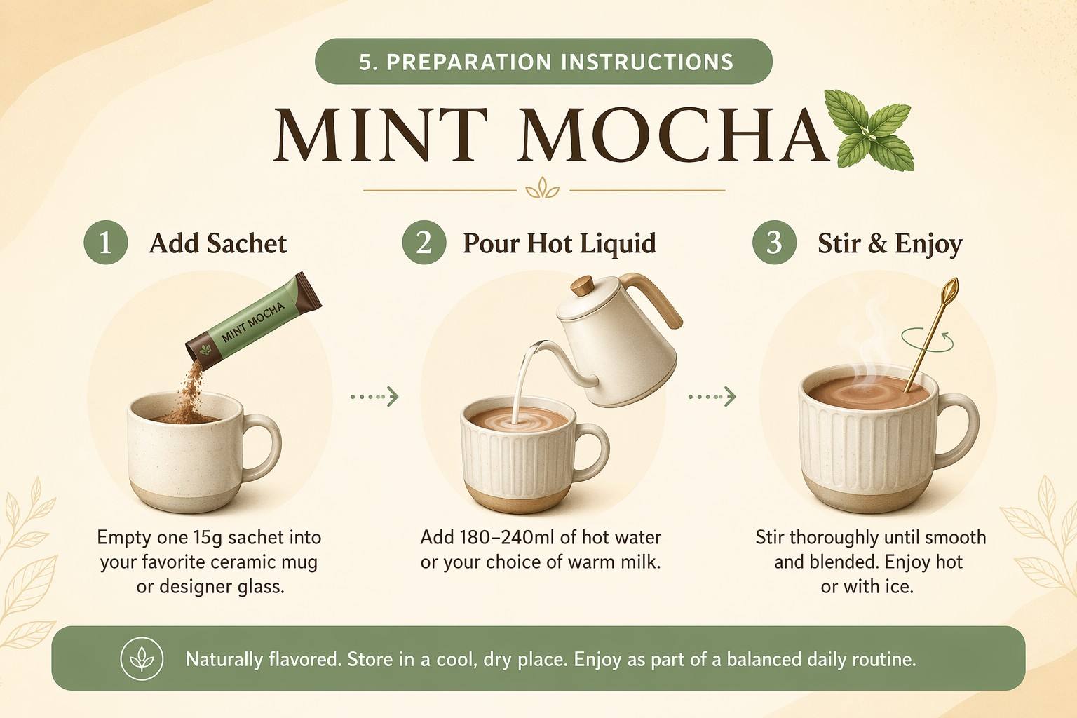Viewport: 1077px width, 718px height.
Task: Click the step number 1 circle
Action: click(106, 243)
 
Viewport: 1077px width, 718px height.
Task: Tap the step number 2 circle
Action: click(424, 243)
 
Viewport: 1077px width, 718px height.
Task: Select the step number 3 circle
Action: click(774, 243)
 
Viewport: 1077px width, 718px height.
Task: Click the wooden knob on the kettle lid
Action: click(583, 286)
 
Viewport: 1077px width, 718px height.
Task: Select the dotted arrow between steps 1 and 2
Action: click(374, 397)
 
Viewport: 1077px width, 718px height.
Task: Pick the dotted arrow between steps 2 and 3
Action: click(712, 397)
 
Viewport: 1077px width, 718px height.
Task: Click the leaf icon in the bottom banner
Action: click(142, 659)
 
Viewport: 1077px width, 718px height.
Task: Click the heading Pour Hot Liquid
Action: click(560, 243)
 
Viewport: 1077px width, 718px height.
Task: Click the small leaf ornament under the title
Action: click(543, 188)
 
